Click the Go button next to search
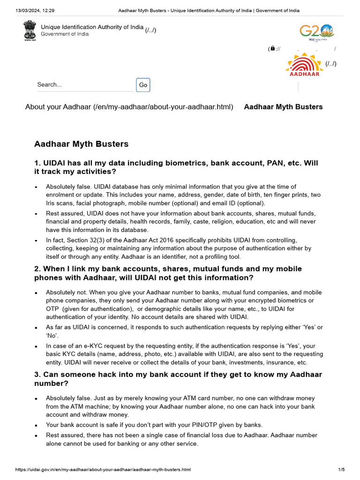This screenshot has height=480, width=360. [x=143, y=85]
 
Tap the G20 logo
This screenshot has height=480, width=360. [x=317, y=33]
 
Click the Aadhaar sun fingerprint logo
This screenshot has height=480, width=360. [x=305, y=65]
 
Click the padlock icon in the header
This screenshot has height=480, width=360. [x=272, y=49]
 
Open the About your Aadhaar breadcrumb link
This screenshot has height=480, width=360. [x=129, y=107]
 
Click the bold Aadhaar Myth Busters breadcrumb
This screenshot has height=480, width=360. [x=283, y=107]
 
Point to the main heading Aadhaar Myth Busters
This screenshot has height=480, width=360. [x=81, y=144]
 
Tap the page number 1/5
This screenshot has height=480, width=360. [x=341, y=469]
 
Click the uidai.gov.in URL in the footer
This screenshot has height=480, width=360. [x=103, y=469]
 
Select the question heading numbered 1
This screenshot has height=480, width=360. [x=176, y=167]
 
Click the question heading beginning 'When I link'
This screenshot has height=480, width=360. [x=168, y=273]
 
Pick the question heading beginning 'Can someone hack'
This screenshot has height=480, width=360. [x=178, y=379]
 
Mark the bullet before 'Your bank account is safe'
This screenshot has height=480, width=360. [x=36, y=426]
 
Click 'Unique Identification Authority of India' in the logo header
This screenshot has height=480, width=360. [x=92, y=27]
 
